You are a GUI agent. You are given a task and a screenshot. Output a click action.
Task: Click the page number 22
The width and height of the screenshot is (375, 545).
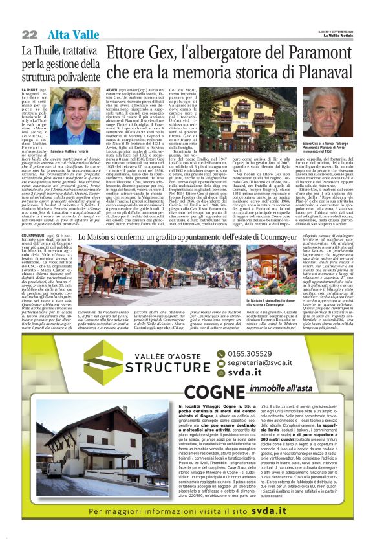tap(28, 33)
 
